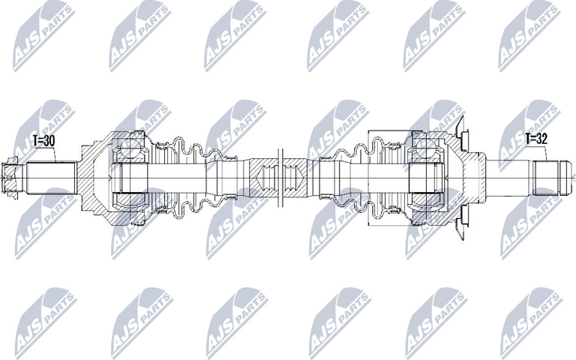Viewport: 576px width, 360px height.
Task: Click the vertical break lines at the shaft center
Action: click(x=280, y=180)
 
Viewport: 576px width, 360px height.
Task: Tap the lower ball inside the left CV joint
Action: click(x=131, y=211)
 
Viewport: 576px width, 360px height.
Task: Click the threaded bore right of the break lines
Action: click(x=294, y=180)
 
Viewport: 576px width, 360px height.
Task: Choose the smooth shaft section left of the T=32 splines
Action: click(x=510, y=179)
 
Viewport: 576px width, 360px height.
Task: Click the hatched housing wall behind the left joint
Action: click(x=90, y=179)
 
